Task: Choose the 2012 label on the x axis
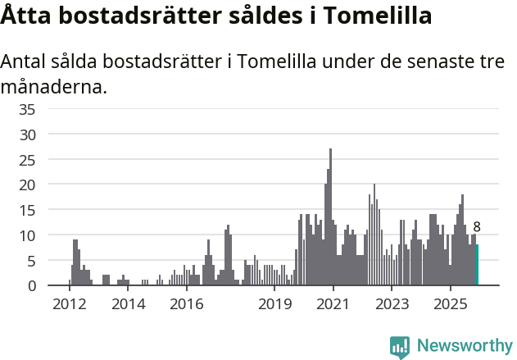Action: [69, 304]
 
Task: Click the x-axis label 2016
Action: [187, 304]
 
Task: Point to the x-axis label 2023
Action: [392, 304]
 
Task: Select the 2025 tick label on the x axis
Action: [450, 304]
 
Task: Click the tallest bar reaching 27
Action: [330, 217]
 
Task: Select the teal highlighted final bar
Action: [477, 265]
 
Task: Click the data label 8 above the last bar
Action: [477, 227]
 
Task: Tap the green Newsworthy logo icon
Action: [400, 347]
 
